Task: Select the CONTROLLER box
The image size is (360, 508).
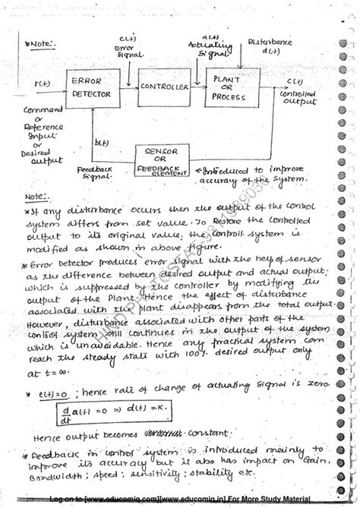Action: pyautogui.click(x=163, y=88)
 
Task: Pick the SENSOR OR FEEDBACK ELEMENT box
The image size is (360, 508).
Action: pyautogui.click(x=161, y=159)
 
